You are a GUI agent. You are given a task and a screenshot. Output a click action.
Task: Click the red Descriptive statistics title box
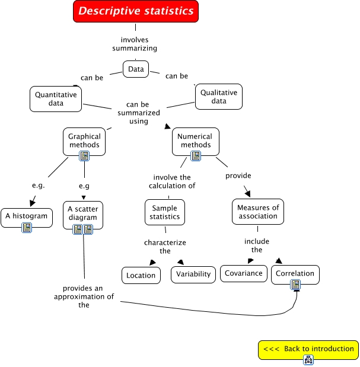click(x=136, y=11)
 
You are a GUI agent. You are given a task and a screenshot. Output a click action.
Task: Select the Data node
click(x=135, y=69)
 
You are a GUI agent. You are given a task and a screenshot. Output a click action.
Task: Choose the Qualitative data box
click(x=219, y=97)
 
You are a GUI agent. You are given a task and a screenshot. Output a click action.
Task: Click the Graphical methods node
click(x=84, y=141)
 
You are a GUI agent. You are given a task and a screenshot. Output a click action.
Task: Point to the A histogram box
click(x=26, y=216)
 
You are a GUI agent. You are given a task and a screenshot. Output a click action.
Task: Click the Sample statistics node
click(x=165, y=212)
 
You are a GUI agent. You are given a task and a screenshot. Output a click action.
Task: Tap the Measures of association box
click(x=258, y=212)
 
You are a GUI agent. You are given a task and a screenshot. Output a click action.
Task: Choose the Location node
click(x=141, y=275)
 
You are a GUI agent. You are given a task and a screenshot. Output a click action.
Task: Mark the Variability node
click(x=193, y=275)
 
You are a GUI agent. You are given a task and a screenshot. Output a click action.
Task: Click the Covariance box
click(x=243, y=273)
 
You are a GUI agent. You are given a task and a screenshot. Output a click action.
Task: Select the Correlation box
click(x=295, y=274)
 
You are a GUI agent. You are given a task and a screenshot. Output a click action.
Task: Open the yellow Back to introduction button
click(x=308, y=349)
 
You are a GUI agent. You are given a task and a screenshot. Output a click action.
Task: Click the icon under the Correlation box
click(x=295, y=285)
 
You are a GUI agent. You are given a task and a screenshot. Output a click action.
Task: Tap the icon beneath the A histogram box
click(x=27, y=228)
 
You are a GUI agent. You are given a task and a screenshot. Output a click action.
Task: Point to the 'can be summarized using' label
click(x=138, y=113)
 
